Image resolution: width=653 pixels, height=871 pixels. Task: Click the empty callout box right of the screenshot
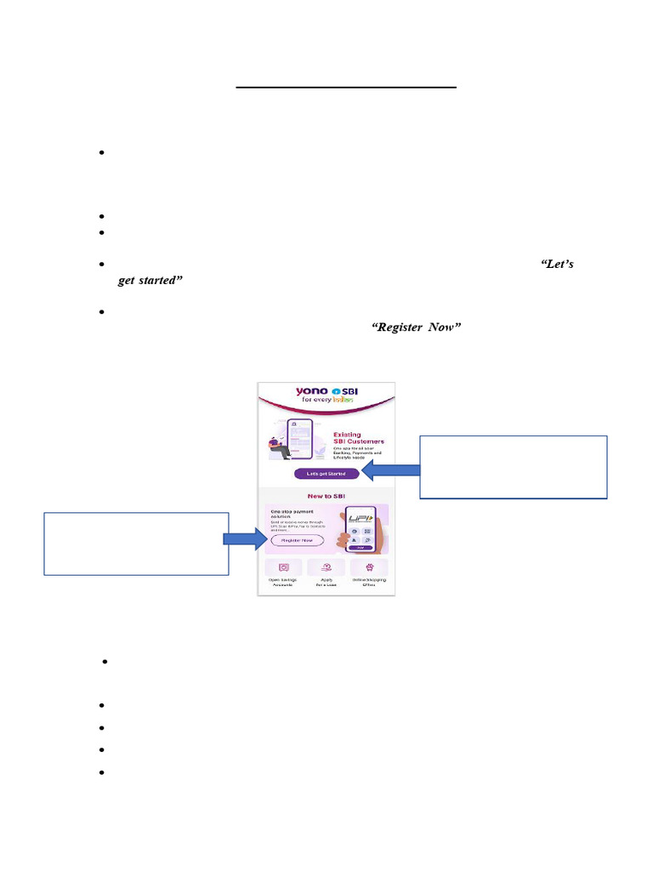[x=514, y=466]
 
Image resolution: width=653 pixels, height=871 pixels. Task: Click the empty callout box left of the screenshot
[x=136, y=544]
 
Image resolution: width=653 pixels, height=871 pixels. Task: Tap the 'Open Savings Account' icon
[x=284, y=566]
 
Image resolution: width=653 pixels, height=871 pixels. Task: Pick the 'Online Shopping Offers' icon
[x=368, y=566]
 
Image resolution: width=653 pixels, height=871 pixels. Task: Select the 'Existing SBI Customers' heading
[x=358, y=438]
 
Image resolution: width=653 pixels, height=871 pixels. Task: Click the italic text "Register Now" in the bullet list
[x=417, y=327]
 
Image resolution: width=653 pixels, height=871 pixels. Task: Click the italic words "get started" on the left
[x=150, y=280]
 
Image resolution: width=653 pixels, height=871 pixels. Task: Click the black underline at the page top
[x=346, y=87]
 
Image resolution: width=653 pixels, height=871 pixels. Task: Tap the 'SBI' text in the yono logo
[x=342, y=391]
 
